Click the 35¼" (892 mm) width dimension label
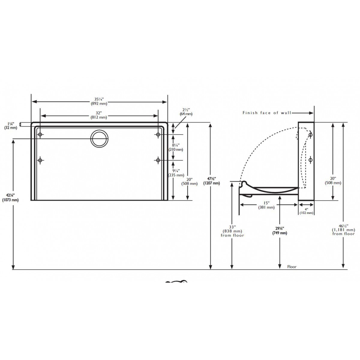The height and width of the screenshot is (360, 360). click(99, 101)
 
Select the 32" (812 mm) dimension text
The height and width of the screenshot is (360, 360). click(99, 115)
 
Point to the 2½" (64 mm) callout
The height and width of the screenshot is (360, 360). click(186, 112)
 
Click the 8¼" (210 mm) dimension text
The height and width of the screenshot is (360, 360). click(176, 147)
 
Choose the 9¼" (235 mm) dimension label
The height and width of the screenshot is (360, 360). click(176, 173)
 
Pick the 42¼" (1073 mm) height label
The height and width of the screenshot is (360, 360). click(10, 198)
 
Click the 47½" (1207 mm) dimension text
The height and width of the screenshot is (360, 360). click(212, 181)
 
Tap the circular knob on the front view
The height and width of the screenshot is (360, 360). click(99, 138)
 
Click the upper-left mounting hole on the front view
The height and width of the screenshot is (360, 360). click(40, 134)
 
